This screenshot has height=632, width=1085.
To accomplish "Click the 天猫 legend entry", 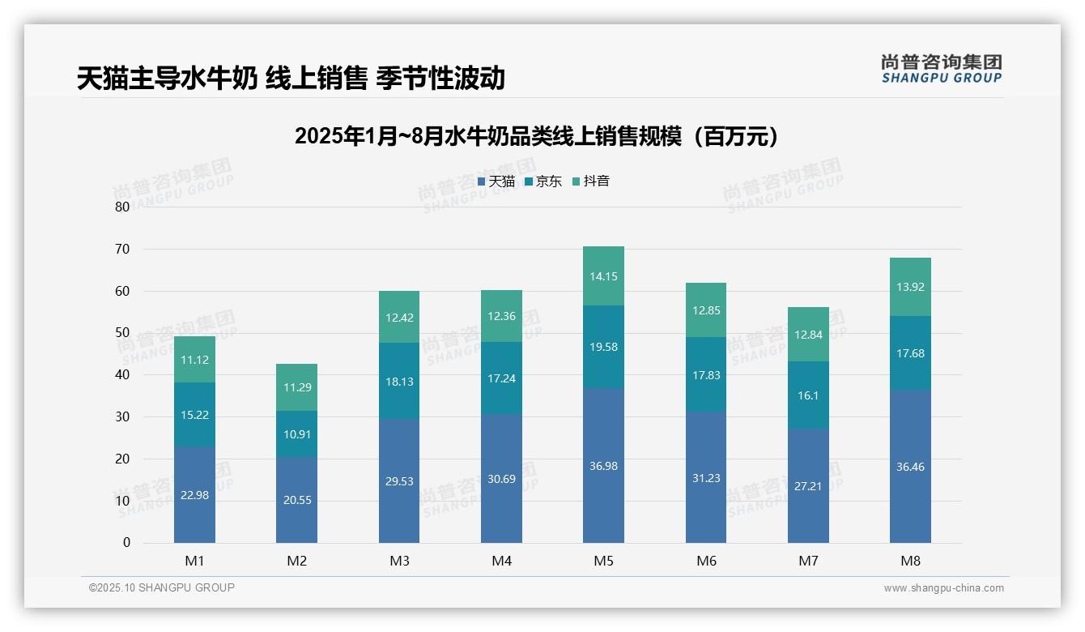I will [x=496, y=181].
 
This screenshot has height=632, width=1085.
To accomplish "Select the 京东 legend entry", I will [x=543, y=181].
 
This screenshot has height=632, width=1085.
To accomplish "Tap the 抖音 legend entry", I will [x=591, y=181].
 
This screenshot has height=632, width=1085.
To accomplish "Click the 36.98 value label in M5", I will [x=603, y=466].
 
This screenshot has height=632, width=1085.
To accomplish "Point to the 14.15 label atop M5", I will [x=603, y=276].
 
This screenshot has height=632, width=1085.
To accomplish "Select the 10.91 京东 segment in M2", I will [x=296, y=433].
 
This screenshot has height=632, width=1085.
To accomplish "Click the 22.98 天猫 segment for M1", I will [x=194, y=495].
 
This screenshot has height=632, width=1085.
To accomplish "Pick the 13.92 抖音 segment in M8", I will [x=910, y=287].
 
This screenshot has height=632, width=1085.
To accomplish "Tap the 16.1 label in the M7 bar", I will [x=808, y=395].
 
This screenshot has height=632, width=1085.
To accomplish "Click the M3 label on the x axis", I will [x=399, y=561].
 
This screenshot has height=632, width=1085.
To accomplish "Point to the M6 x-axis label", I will [x=706, y=561].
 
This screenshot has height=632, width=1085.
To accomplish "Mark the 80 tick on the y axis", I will [x=122, y=207].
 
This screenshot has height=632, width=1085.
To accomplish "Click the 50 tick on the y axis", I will [x=122, y=333].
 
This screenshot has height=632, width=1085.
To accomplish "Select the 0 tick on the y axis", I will [x=126, y=543].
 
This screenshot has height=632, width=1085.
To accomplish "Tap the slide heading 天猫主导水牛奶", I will [x=291, y=78].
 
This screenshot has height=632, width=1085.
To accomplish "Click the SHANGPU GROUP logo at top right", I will [x=941, y=69].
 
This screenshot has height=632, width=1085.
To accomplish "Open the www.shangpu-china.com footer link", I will [x=943, y=588].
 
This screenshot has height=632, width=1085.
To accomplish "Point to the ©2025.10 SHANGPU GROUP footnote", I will [x=162, y=587].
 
